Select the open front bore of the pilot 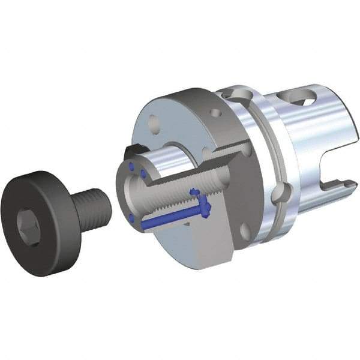(133, 192)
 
